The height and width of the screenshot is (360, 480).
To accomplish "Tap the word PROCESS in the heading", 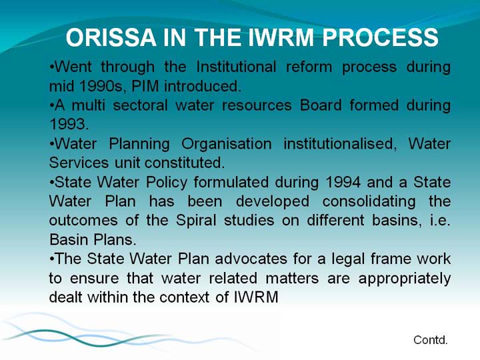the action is pyautogui.click(x=380, y=37).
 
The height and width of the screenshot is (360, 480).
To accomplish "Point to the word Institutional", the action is pyautogui.click(x=236, y=67).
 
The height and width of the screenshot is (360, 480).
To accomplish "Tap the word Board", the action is pyautogui.click(x=321, y=105).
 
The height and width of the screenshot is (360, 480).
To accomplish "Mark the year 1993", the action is pyautogui.click(x=69, y=124).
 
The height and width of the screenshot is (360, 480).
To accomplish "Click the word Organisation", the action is pyautogui.click(x=227, y=144).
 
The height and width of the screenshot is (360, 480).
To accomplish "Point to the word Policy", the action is pyautogui.click(x=167, y=183).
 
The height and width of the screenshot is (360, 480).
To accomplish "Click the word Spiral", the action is pyautogui.click(x=196, y=221).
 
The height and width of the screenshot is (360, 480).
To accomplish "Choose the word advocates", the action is pyautogui.click(x=251, y=259).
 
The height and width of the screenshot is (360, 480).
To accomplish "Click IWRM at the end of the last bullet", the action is pyautogui.click(x=256, y=297).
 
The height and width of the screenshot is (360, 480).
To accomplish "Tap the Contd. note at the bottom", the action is pyautogui.click(x=431, y=340).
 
